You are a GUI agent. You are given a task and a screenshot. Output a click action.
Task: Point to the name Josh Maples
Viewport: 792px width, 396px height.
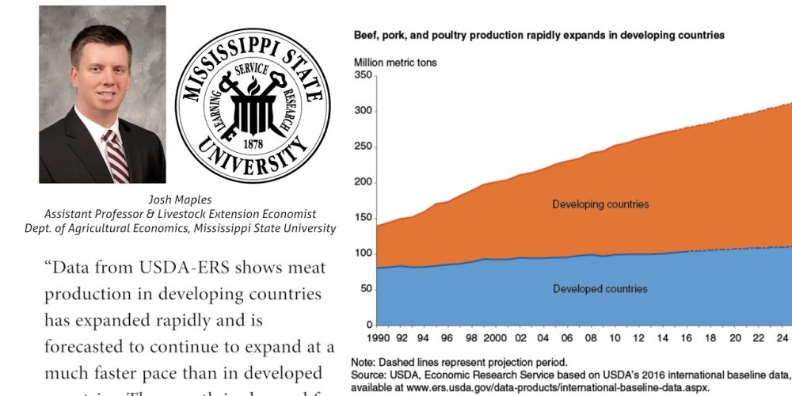(x=181, y=200)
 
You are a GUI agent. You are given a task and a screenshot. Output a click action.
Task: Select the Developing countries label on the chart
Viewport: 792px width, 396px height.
(x=600, y=204)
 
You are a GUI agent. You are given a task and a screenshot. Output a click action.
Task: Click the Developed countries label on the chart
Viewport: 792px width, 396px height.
(x=600, y=289)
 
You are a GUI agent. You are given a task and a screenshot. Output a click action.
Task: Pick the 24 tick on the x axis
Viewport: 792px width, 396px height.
(x=781, y=338)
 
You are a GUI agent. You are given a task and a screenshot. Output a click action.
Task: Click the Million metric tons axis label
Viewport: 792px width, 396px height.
(x=394, y=62)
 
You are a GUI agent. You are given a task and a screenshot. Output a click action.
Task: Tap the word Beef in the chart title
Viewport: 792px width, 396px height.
(x=366, y=36)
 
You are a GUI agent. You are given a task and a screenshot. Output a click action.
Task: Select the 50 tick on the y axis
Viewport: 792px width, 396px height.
(x=365, y=289)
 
